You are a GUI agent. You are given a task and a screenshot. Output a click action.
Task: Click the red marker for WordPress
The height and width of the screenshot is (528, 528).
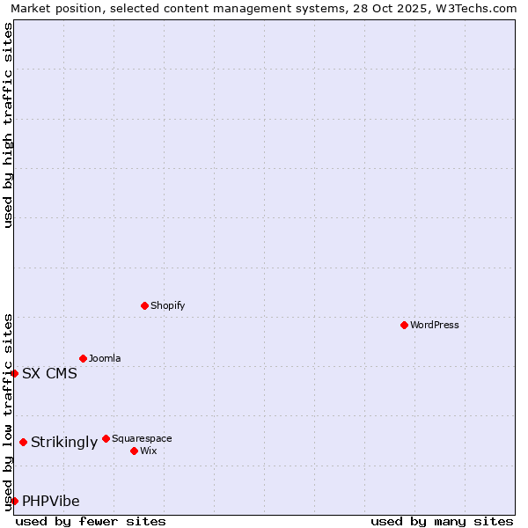point(404,325)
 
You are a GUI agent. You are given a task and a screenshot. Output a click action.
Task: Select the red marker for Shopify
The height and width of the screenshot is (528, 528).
point(144,305)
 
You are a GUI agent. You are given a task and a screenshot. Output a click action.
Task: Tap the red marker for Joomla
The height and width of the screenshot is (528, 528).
point(83,358)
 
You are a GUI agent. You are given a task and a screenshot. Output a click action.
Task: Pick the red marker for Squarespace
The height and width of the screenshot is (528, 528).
point(106,438)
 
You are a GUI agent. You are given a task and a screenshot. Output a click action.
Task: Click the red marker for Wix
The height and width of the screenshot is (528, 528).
point(134,451)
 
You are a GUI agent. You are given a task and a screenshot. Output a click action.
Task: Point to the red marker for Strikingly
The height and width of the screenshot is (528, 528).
point(23,442)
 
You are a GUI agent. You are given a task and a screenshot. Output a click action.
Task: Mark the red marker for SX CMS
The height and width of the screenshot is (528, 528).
point(14,373)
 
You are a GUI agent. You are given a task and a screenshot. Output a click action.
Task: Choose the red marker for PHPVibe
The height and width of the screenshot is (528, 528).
point(14,501)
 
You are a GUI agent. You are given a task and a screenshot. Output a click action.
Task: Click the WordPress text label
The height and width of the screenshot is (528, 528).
point(435,325)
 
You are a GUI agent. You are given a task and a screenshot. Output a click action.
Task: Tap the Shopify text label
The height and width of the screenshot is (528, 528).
point(168,305)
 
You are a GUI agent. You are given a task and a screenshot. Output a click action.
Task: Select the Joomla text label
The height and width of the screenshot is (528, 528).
point(105,358)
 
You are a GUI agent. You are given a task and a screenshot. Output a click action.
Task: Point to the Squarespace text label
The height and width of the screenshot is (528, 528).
point(142,438)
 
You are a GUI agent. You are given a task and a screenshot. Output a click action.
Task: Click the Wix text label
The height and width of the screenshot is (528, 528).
point(148,451)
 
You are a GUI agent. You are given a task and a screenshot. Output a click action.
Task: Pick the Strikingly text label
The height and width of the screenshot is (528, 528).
point(64,442)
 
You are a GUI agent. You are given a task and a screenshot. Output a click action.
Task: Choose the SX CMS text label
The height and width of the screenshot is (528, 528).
point(49,373)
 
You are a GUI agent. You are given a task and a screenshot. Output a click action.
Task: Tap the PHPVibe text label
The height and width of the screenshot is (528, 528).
point(51,501)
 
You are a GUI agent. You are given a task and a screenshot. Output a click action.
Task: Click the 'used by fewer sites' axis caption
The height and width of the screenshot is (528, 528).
point(91,521)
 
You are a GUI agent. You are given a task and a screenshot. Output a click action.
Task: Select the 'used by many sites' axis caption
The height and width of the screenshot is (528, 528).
point(442,521)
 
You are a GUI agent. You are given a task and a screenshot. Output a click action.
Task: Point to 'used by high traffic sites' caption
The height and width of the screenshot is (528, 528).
point(8,125)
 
